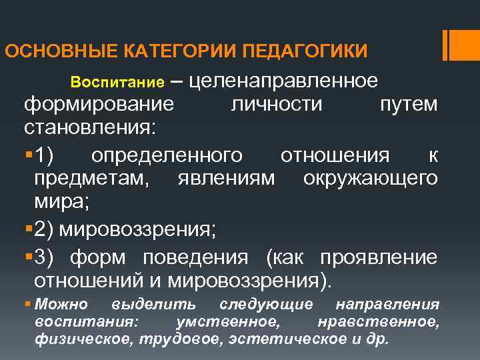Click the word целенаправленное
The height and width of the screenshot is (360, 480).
point(285,81)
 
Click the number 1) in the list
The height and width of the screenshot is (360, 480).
point(48,155)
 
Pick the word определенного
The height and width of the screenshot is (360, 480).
point(167,155)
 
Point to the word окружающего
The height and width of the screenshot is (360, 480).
point(370,179)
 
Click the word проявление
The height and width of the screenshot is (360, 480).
point(379,257)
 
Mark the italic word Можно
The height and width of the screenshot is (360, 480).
point(61,305)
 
